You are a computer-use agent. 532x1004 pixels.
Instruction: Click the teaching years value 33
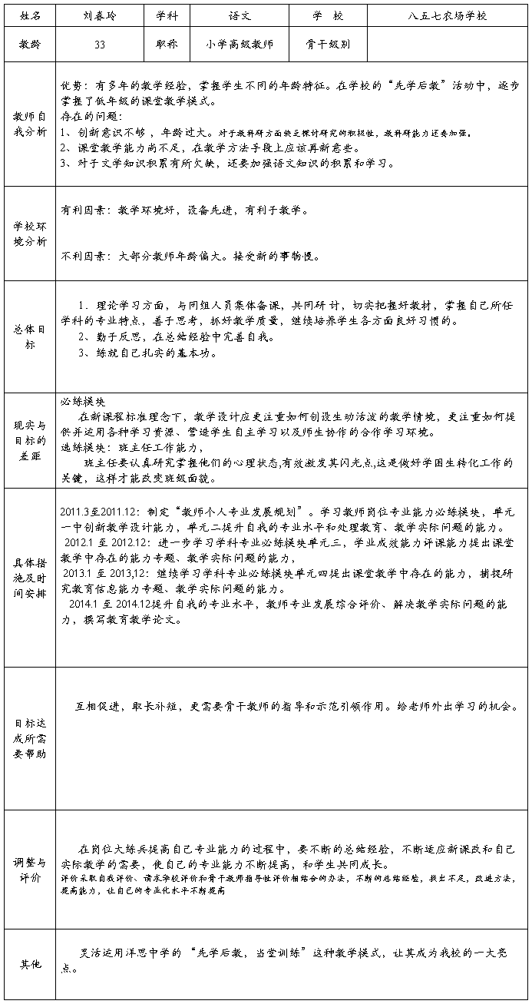pyautogui.click(x=100, y=45)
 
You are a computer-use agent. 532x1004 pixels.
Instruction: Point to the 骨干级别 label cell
pyautogui.click(x=331, y=45)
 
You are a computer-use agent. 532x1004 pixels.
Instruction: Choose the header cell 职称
pyautogui.click(x=167, y=45)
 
